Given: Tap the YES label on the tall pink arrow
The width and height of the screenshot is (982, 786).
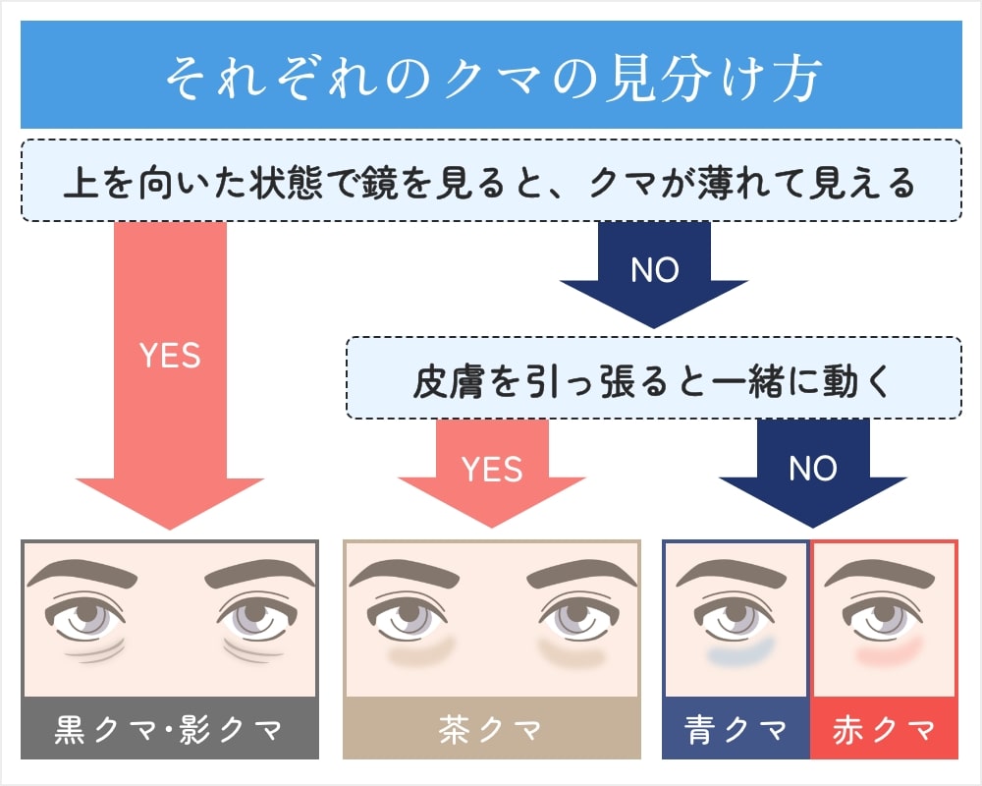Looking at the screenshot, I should pos(170,356).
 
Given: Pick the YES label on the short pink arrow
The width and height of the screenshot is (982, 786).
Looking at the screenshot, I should pos(492,470).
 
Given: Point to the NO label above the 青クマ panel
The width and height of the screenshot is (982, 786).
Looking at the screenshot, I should pos(812,470).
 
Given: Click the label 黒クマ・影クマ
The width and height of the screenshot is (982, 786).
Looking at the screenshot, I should pos(170,730).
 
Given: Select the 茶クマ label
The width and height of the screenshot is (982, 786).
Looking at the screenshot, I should pos(491,730).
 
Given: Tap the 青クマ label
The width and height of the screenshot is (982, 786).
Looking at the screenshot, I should pos(736,730).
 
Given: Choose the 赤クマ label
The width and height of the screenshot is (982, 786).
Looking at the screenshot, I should pos(884,730).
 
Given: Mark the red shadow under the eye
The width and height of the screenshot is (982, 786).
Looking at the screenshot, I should pos(890,652).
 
